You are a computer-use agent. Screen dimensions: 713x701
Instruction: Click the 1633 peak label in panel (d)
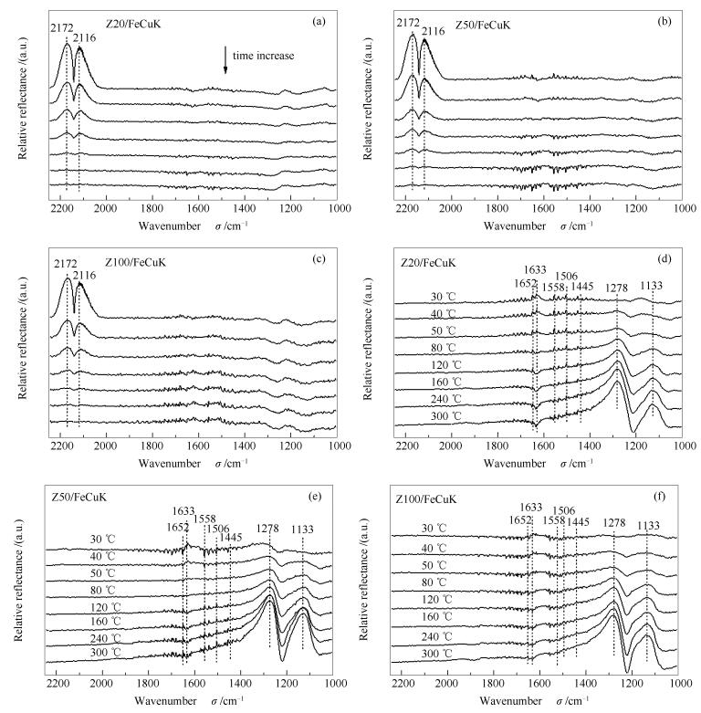point(536,268)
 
